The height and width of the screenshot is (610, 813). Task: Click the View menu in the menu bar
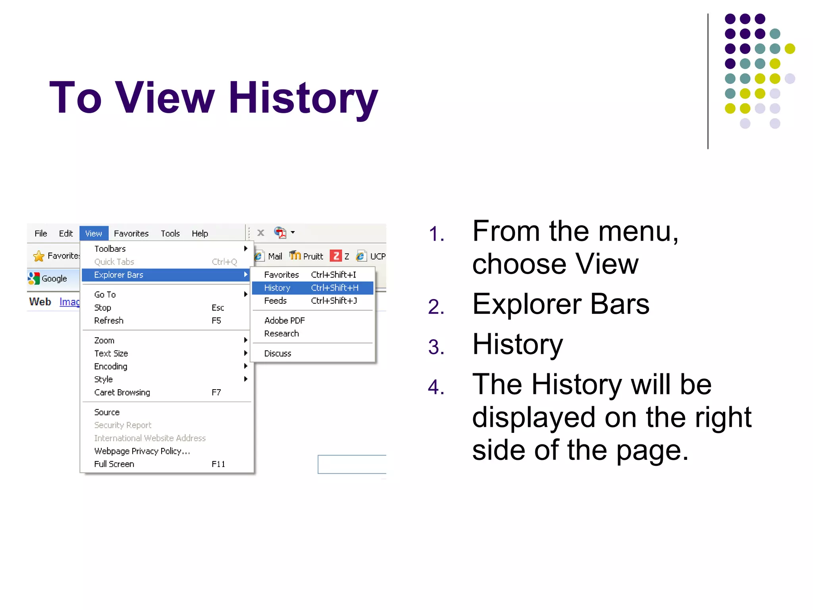pyautogui.click(x=94, y=234)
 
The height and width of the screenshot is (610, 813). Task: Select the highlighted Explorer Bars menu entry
pyautogui.click(x=119, y=275)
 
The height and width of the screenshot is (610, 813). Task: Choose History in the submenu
pyautogui.click(x=277, y=288)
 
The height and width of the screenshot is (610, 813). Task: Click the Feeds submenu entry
pyautogui.click(x=275, y=301)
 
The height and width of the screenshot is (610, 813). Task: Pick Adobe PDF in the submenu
pyautogui.click(x=285, y=320)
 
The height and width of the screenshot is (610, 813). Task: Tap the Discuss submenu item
pyautogui.click(x=278, y=353)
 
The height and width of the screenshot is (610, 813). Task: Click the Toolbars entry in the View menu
pyautogui.click(x=110, y=249)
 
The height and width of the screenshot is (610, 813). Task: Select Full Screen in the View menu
pyautogui.click(x=114, y=464)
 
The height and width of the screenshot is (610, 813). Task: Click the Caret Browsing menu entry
pyautogui.click(x=122, y=392)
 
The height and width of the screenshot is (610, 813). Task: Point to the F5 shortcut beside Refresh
pyautogui.click(x=216, y=320)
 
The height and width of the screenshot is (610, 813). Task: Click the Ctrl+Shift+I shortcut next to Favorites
pyautogui.click(x=333, y=275)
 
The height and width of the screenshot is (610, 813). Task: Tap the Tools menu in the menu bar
pyautogui.click(x=170, y=234)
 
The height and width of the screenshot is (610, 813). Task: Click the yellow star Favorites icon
pyautogui.click(x=39, y=256)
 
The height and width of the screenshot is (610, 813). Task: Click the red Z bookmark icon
pyautogui.click(x=336, y=256)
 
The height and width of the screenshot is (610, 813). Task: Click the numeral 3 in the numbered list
pyautogui.click(x=435, y=347)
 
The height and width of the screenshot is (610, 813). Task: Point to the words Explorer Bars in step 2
pyautogui.click(x=561, y=304)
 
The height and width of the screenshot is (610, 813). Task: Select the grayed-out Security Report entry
pyautogui.click(x=123, y=425)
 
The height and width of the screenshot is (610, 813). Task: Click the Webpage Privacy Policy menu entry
pyautogui.click(x=142, y=451)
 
